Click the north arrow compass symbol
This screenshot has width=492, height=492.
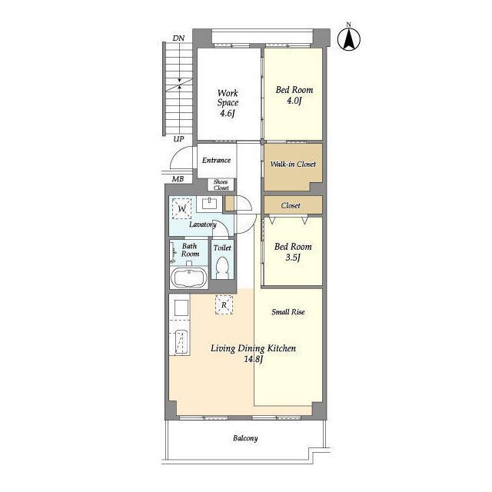[x=348, y=39]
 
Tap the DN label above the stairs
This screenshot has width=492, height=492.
[x=178, y=38]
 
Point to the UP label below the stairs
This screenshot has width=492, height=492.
[x=178, y=139]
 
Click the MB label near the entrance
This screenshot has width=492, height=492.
[x=178, y=179]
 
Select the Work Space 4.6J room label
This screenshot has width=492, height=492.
[x=228, y=103]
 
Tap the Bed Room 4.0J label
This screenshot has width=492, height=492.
[x=294, y=95]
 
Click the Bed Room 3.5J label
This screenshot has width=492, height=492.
[x=293, y=252]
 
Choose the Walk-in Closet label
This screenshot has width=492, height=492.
[x=293, y=164]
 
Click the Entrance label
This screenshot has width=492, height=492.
[x=216, y=161]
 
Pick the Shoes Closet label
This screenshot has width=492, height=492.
[x=221, y=184]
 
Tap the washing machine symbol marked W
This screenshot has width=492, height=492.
[x=181, y=208]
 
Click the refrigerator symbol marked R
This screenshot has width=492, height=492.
[x=224, y=304]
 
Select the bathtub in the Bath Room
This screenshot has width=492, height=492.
[x=188, y=278]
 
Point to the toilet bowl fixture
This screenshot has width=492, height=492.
[x=222, y=267]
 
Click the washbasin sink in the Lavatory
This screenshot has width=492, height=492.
[x=209, y=204]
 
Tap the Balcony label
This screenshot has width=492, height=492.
[x=245, y=438]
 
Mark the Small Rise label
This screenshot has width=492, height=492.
[x=288, y=312]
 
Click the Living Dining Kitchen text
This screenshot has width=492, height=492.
[x=253, y=348]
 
